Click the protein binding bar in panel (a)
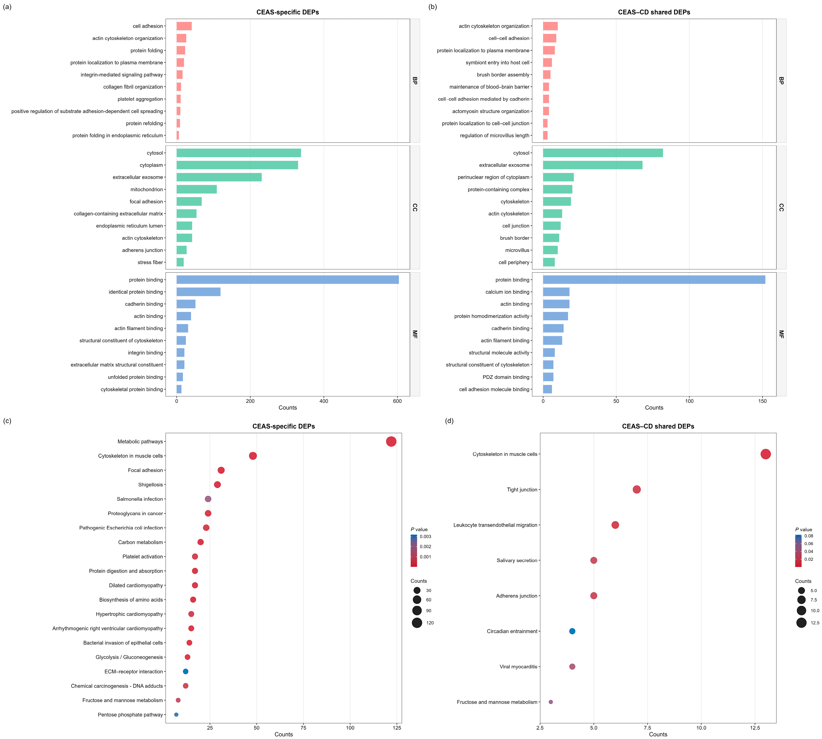coord(288,280)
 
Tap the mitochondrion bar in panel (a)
coord(197,189)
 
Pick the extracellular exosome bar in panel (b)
coord(593,165)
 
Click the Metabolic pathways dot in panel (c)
coord(391,441)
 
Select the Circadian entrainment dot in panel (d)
coord(572,631)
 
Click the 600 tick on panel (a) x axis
coord(397,401)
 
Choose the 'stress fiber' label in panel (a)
coord(150,262)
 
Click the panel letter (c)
coord(7,421)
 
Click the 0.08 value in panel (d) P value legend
coord(809,536)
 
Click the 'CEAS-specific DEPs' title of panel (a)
coord(288,12)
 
